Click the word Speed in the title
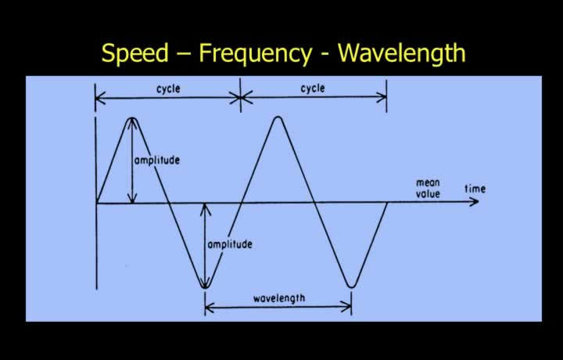135,53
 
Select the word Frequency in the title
255,53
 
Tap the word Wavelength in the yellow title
402,52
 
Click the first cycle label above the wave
168,88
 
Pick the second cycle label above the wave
313,88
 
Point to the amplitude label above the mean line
157,160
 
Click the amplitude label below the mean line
230,244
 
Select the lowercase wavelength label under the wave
279,298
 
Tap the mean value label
428,189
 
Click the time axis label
475,189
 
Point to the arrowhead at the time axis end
474,202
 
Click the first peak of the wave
132,118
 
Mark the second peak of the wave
278,117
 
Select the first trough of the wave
205,286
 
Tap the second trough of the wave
352,286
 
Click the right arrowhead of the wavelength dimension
347,308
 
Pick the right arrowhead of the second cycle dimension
382,97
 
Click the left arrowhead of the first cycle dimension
100,98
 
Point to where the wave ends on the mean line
387,203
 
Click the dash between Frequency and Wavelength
325,55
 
